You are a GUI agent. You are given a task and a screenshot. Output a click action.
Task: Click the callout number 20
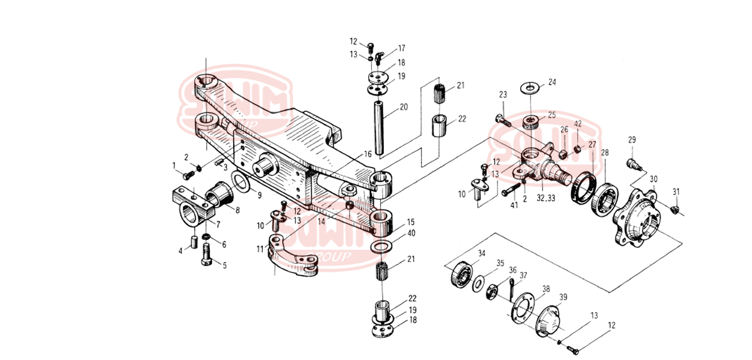tap(404, 107)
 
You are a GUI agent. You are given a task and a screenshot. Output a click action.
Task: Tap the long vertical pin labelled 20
tap(380, 128)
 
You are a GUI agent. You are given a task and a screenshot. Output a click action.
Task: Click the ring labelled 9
tap(242, 184)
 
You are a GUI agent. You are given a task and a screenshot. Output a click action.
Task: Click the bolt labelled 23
tap(502, 120)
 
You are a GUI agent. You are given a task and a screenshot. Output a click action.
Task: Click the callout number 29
tap(632, 140)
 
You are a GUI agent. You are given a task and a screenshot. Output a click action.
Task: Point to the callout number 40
tap(411, 233)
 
